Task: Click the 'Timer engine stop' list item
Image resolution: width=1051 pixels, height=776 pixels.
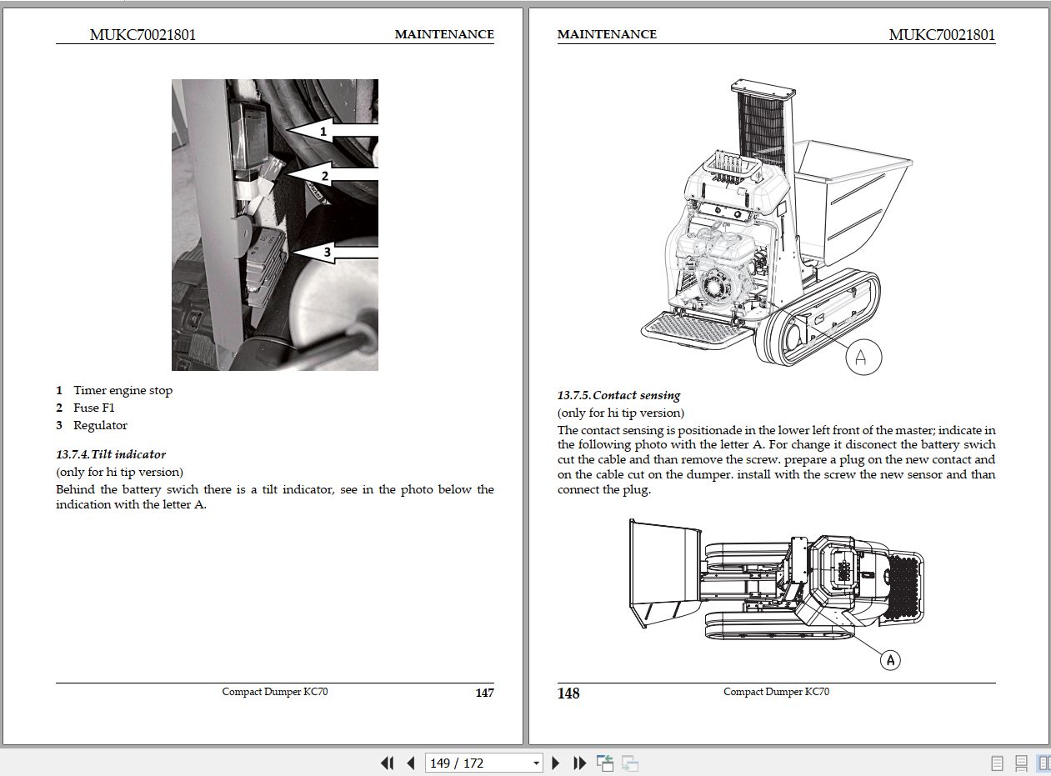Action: point(123,390)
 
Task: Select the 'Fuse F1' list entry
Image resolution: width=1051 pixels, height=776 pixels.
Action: point(93,408)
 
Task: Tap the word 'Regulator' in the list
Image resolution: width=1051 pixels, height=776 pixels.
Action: point(100,425)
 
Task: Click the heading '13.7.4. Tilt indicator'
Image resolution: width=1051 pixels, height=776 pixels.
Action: point(111,454)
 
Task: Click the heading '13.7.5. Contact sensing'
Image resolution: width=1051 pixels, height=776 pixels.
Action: point(618,395)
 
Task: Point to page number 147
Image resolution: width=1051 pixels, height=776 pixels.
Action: point(484,693)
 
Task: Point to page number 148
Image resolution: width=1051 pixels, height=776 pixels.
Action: point(568,693)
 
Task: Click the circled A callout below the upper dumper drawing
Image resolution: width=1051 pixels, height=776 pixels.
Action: point(863,357)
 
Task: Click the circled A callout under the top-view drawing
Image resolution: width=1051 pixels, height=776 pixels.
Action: point(891,660)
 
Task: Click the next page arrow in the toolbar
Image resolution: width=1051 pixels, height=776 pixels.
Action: point(556,763)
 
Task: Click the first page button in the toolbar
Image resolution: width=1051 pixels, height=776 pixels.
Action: point(387,763)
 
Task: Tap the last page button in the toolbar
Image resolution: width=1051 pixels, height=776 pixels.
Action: point(580,763)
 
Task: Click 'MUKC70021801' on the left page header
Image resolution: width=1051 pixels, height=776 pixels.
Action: point(143,34)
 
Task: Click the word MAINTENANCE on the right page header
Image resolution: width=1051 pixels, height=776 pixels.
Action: point(607,34)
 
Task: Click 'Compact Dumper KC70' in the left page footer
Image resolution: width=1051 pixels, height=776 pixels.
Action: point(275,692)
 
